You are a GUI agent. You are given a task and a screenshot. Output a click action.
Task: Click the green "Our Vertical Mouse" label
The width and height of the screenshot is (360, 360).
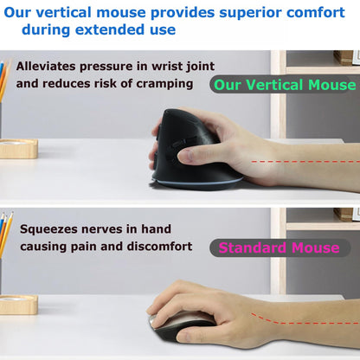[284, 85]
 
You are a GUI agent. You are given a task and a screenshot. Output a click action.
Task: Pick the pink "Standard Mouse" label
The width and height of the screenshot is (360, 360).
[279, 247]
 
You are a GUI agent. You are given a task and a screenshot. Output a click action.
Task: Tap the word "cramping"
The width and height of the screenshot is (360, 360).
[170, 85]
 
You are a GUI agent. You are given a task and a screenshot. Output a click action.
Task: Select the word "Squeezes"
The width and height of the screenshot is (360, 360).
[51, 229]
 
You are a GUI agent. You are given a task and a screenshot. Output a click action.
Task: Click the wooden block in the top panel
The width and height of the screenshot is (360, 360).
[18, 148]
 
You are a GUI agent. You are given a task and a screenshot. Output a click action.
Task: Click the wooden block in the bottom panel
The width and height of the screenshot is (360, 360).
[17, 304]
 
